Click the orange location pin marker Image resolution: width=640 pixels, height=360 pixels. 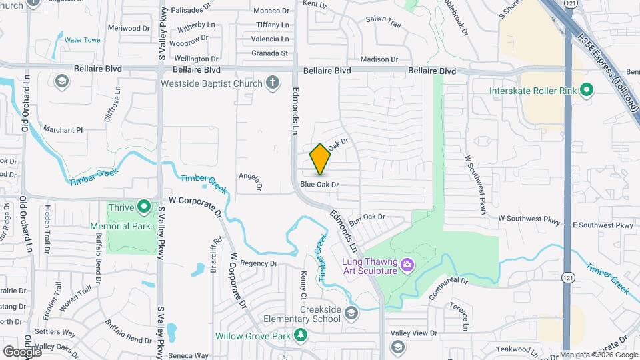coord(320,159)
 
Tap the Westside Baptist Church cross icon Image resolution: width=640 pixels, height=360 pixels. coord(272,83)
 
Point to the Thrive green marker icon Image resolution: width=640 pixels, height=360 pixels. coord(143,207)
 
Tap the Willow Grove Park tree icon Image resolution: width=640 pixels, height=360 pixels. coord(301,335)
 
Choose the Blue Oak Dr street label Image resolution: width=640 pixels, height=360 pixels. coord(319,184)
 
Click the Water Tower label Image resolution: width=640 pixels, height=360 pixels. coord(83,40)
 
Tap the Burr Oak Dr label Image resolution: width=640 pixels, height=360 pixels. coord(367,217)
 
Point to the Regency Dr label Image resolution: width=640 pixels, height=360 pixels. coord(258,263)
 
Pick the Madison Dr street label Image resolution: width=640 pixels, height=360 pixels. coord(383,59)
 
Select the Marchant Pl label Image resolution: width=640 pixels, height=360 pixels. coord(63,129)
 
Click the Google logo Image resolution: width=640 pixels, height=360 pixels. coord(22,351)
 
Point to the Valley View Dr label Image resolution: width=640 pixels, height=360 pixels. coord(413,333)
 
